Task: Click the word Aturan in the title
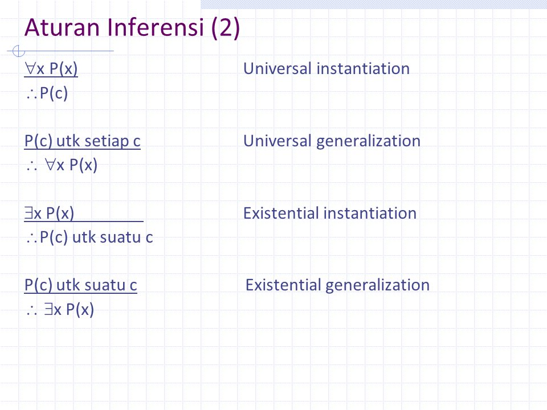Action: click(x=62, y=27)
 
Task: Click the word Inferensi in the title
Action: click(x=156, y=27)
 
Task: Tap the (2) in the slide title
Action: click(x=226, y=28)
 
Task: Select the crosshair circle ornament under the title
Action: click(x=18, y=51)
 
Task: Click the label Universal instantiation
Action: click(x=326, y=68)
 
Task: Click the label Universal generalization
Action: click(x=332, y=141)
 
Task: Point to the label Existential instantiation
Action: click(x=330, y=213)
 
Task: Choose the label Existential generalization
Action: click(x=337, y=285)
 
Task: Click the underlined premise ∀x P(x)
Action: click(x=51, y=69)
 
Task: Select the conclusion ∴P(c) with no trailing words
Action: click(x=47, y=93)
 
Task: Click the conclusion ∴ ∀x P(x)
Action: click(x=62, y=165)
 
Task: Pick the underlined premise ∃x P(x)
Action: click(x=49, y=213)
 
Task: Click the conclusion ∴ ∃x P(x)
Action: click(x=60, y=309)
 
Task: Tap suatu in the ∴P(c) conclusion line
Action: click(x=120, y=237)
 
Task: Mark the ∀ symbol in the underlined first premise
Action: click(x=30, y=68)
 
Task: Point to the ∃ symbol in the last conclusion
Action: click(x=48, y=309)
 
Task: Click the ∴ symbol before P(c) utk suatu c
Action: click(x=31, y=238)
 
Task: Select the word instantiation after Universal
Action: click(x=363, y=68)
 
